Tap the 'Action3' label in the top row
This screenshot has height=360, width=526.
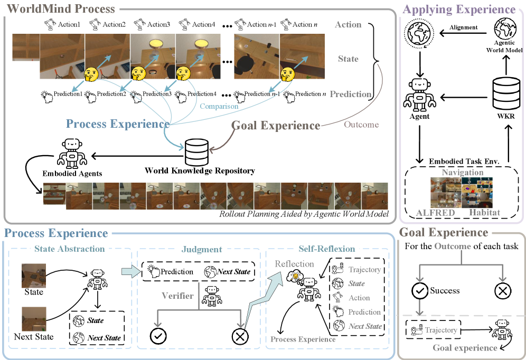[x=158, y=24]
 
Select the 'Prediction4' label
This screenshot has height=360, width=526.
[x=202, y=94]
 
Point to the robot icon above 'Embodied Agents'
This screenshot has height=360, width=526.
[x=72, y=153]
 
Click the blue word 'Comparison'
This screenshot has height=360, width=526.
[x=219, y=106]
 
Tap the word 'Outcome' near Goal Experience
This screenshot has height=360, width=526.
[x=361, y=125]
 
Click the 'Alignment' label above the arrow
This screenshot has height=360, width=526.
[x=464, y=27]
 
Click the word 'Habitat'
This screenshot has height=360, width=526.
[x=484, y=212]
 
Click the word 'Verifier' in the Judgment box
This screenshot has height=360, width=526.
[x=177, y=296]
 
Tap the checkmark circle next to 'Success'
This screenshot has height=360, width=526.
[x=419, y=290]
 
